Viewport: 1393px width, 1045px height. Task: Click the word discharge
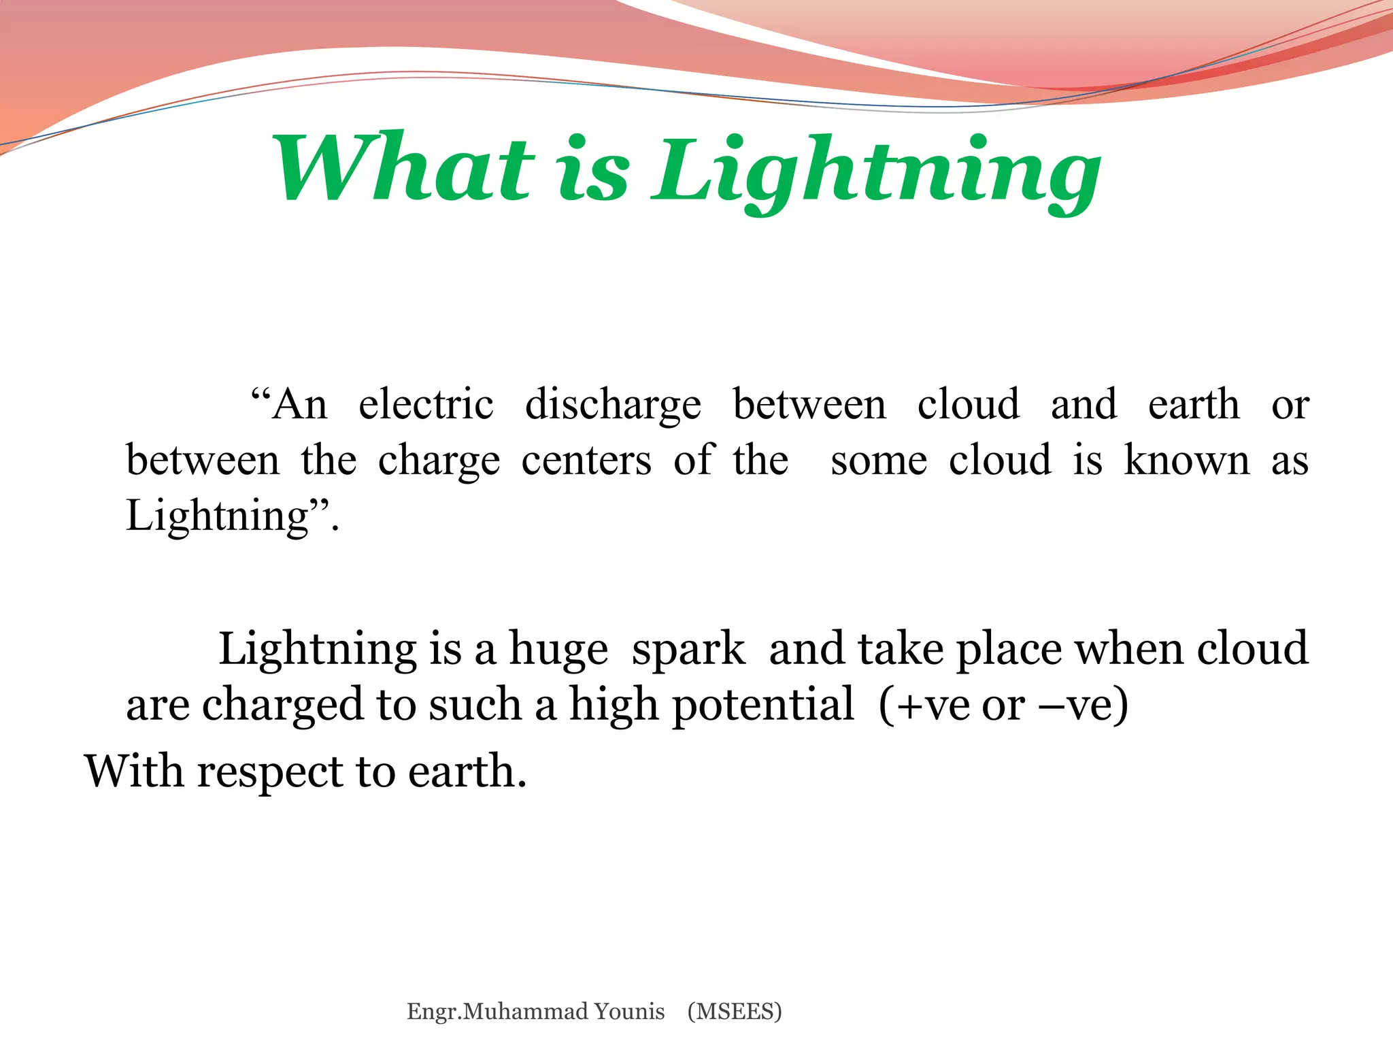613,405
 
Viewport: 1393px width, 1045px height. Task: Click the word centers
586,461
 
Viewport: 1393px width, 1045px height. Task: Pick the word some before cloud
879,461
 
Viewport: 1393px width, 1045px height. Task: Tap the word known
1187,461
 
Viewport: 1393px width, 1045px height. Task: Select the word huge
558,649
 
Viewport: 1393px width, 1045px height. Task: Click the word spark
688,649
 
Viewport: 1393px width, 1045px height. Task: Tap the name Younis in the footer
629,1012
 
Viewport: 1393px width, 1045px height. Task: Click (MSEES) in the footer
735,1012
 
